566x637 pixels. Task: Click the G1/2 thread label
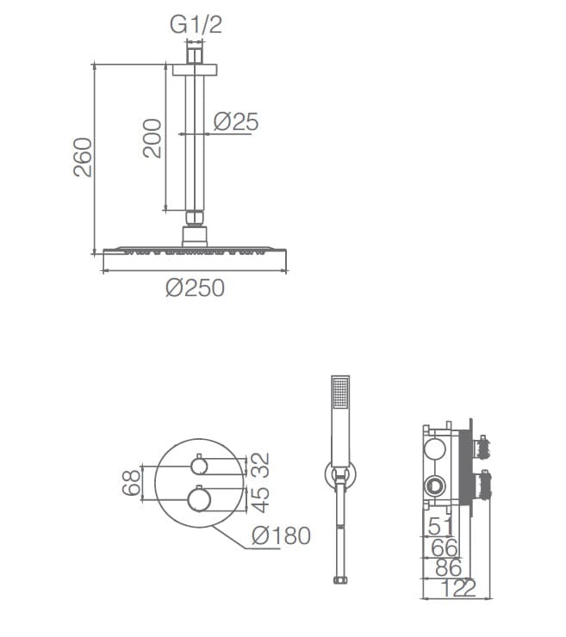[196, 24]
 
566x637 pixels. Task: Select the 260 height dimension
[83, 158]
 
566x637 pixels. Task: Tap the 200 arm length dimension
[152, 138]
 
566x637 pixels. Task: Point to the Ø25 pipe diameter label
[236, 122]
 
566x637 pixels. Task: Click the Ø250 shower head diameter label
[196, 288]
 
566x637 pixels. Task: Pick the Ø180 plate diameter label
[281, 535]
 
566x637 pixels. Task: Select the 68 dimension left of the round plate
[131, 483]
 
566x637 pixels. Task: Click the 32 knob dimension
[260, 465]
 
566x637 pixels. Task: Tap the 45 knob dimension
[260, 499]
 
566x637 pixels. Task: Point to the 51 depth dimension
[440, 527]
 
